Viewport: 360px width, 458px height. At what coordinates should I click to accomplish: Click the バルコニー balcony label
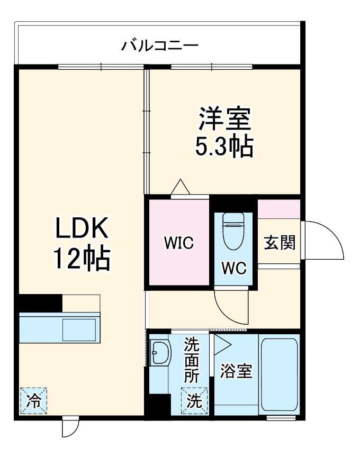point(160,45)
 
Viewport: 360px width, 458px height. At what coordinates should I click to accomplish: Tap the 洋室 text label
point(224,119)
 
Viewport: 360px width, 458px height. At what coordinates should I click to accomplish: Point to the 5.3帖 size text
point(224,146)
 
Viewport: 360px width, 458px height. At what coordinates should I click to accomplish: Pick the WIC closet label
point(178,244)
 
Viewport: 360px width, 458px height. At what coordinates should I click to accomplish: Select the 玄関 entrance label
point(279,244)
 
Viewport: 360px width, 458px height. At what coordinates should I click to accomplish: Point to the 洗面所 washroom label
point(192,361)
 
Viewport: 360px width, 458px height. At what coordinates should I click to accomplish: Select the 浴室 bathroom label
point(236,371)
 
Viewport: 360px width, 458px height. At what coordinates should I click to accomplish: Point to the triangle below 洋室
point(181,188)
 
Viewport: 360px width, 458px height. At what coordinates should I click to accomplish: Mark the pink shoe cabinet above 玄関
point(279,209)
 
